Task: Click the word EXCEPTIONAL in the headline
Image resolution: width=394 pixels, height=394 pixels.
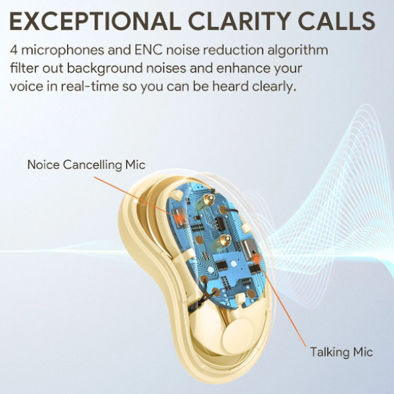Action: [95, 20]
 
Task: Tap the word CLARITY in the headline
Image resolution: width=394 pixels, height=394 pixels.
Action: [240, 20]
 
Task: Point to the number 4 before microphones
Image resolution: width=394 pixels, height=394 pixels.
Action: [14, 50]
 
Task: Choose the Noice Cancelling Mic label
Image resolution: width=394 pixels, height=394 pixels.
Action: [86, 165]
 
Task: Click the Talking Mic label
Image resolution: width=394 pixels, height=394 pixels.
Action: [341, 352]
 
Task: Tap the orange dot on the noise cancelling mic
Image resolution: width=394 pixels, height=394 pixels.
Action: [179, 218]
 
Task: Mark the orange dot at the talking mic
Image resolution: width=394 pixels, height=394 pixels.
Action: [256, 257]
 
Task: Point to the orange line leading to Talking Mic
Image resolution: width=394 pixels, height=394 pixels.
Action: [282, 302]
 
